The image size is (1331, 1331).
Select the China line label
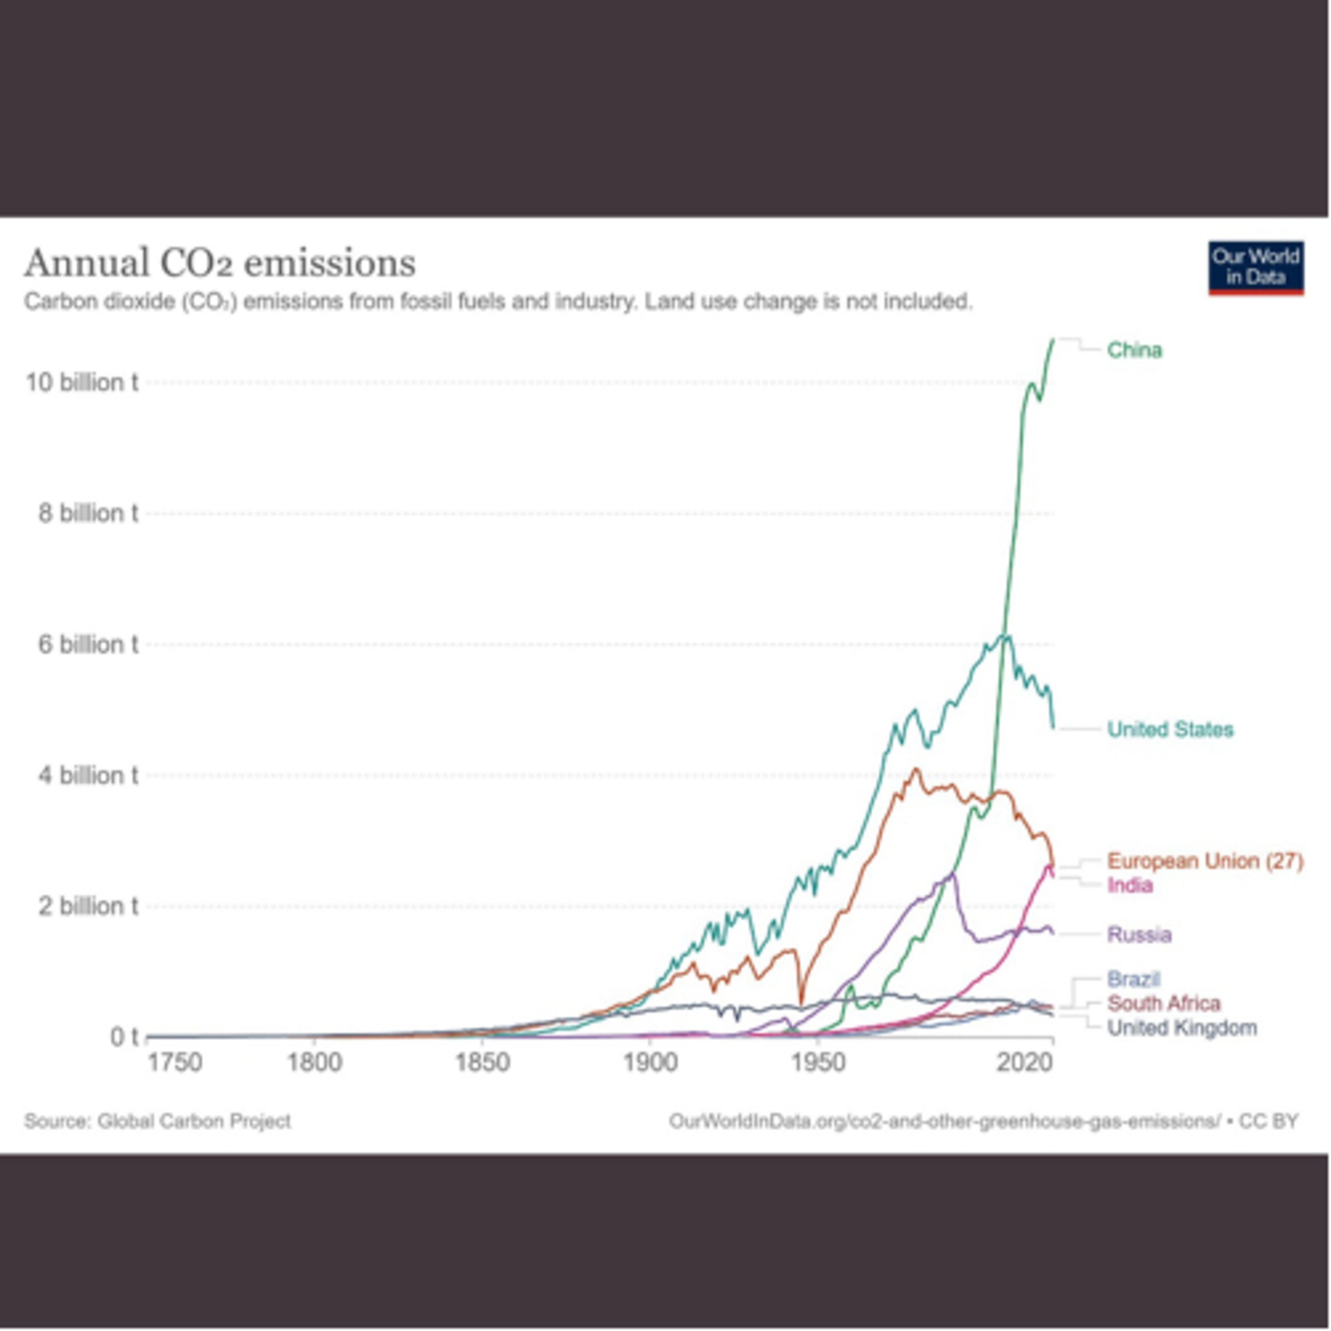pyautogui.click(x=1134, y=350)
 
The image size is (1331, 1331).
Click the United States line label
pyautogui.click(x=1170, y=729)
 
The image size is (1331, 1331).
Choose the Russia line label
pyautogui.click(x=1139, y=934)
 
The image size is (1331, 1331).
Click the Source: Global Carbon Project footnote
pyautogui.click(x=158, y=1121)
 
